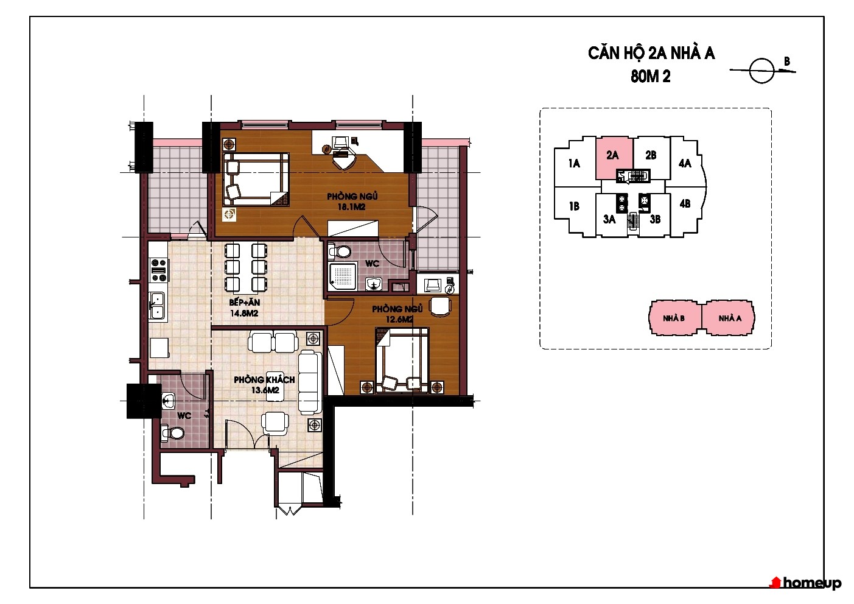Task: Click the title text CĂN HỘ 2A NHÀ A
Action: coord(651,54)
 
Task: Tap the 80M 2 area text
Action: coord(651,77)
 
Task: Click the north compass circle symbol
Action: coord(761,71)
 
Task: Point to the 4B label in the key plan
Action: coord(685,203)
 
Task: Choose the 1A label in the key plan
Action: coord(574,164)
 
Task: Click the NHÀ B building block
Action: coord(674,318)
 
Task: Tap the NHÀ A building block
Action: coord(729,318)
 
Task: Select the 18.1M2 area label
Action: coord(351,207)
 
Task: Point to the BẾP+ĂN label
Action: coord(244,303)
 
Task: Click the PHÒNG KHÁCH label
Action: coord(264,380)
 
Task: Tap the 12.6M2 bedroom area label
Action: coord(399,320)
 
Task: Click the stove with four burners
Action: coord(159,270)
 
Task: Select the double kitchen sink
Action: coord(156,306)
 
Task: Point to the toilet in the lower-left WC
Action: coord(173,433)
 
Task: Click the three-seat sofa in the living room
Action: coord(310,382)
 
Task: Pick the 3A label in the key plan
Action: coord(609,219)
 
